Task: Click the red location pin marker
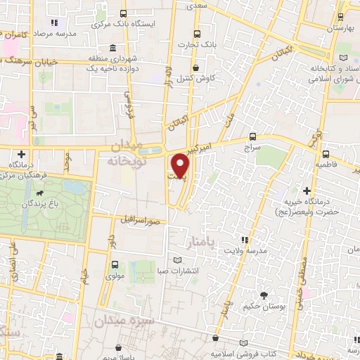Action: pyautogui.click(x=181, y=164)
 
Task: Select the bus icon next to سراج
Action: pyautogui.click(x=253, y=138)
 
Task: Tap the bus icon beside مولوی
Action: pyautogui.click(x=114, y=264)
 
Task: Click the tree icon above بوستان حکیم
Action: pyautogui.click(x=264, y=295)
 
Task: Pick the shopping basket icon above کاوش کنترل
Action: pyautogui.click(x=195, y=67)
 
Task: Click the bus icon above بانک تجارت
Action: pyautogui.click(x=197, y=33)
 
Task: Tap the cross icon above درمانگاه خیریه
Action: pyautogui.click(x=307, y=190)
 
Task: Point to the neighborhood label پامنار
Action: pyautogui.click(x=200, y=242)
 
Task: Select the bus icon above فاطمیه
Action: pyautogui.click(x=326, y=153)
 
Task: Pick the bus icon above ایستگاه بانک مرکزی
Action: pyautogui.click(x=124, y=13)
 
